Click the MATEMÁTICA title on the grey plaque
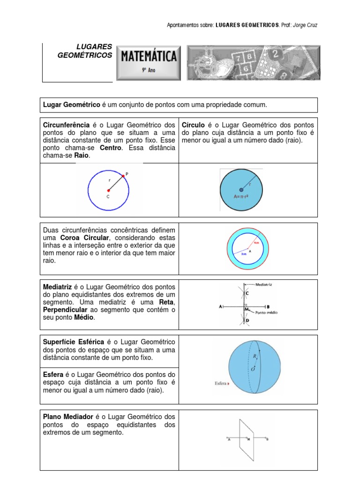[149, 57]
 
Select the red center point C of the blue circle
[108, 190]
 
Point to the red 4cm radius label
[256, 243]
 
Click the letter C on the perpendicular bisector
[247, 293]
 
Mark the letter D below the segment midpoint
[247, 321]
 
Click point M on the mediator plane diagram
[248, 439]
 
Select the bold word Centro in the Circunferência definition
[111, 148]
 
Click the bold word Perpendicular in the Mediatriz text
[65, 310]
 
